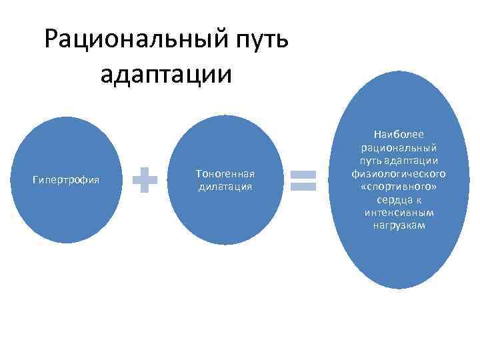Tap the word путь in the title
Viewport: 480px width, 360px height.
(260, 39)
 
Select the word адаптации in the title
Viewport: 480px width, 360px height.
(167, 74)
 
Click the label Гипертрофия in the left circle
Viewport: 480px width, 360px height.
(66, 179)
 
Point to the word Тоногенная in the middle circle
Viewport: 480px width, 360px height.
(225, 173)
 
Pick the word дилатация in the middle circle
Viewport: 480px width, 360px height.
(225, 187)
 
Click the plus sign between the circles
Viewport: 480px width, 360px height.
(145, 179)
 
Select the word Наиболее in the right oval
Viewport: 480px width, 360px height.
(399, 134)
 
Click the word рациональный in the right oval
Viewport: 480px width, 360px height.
(399, 147)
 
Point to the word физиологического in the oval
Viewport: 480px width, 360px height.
(399, 173)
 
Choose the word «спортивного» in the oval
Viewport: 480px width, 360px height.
(399, 187)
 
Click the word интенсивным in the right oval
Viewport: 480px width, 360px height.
(399, 213)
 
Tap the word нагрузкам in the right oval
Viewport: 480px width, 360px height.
(399, 225)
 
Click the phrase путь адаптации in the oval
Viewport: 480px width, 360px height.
(399, 161)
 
